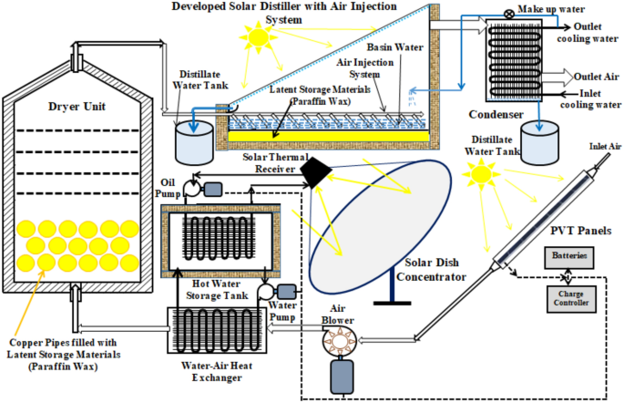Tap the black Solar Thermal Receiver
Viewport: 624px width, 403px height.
click(317, 170)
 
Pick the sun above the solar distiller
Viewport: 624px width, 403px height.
click(258, 38)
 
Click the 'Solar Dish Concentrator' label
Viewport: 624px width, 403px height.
click(429, 270)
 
